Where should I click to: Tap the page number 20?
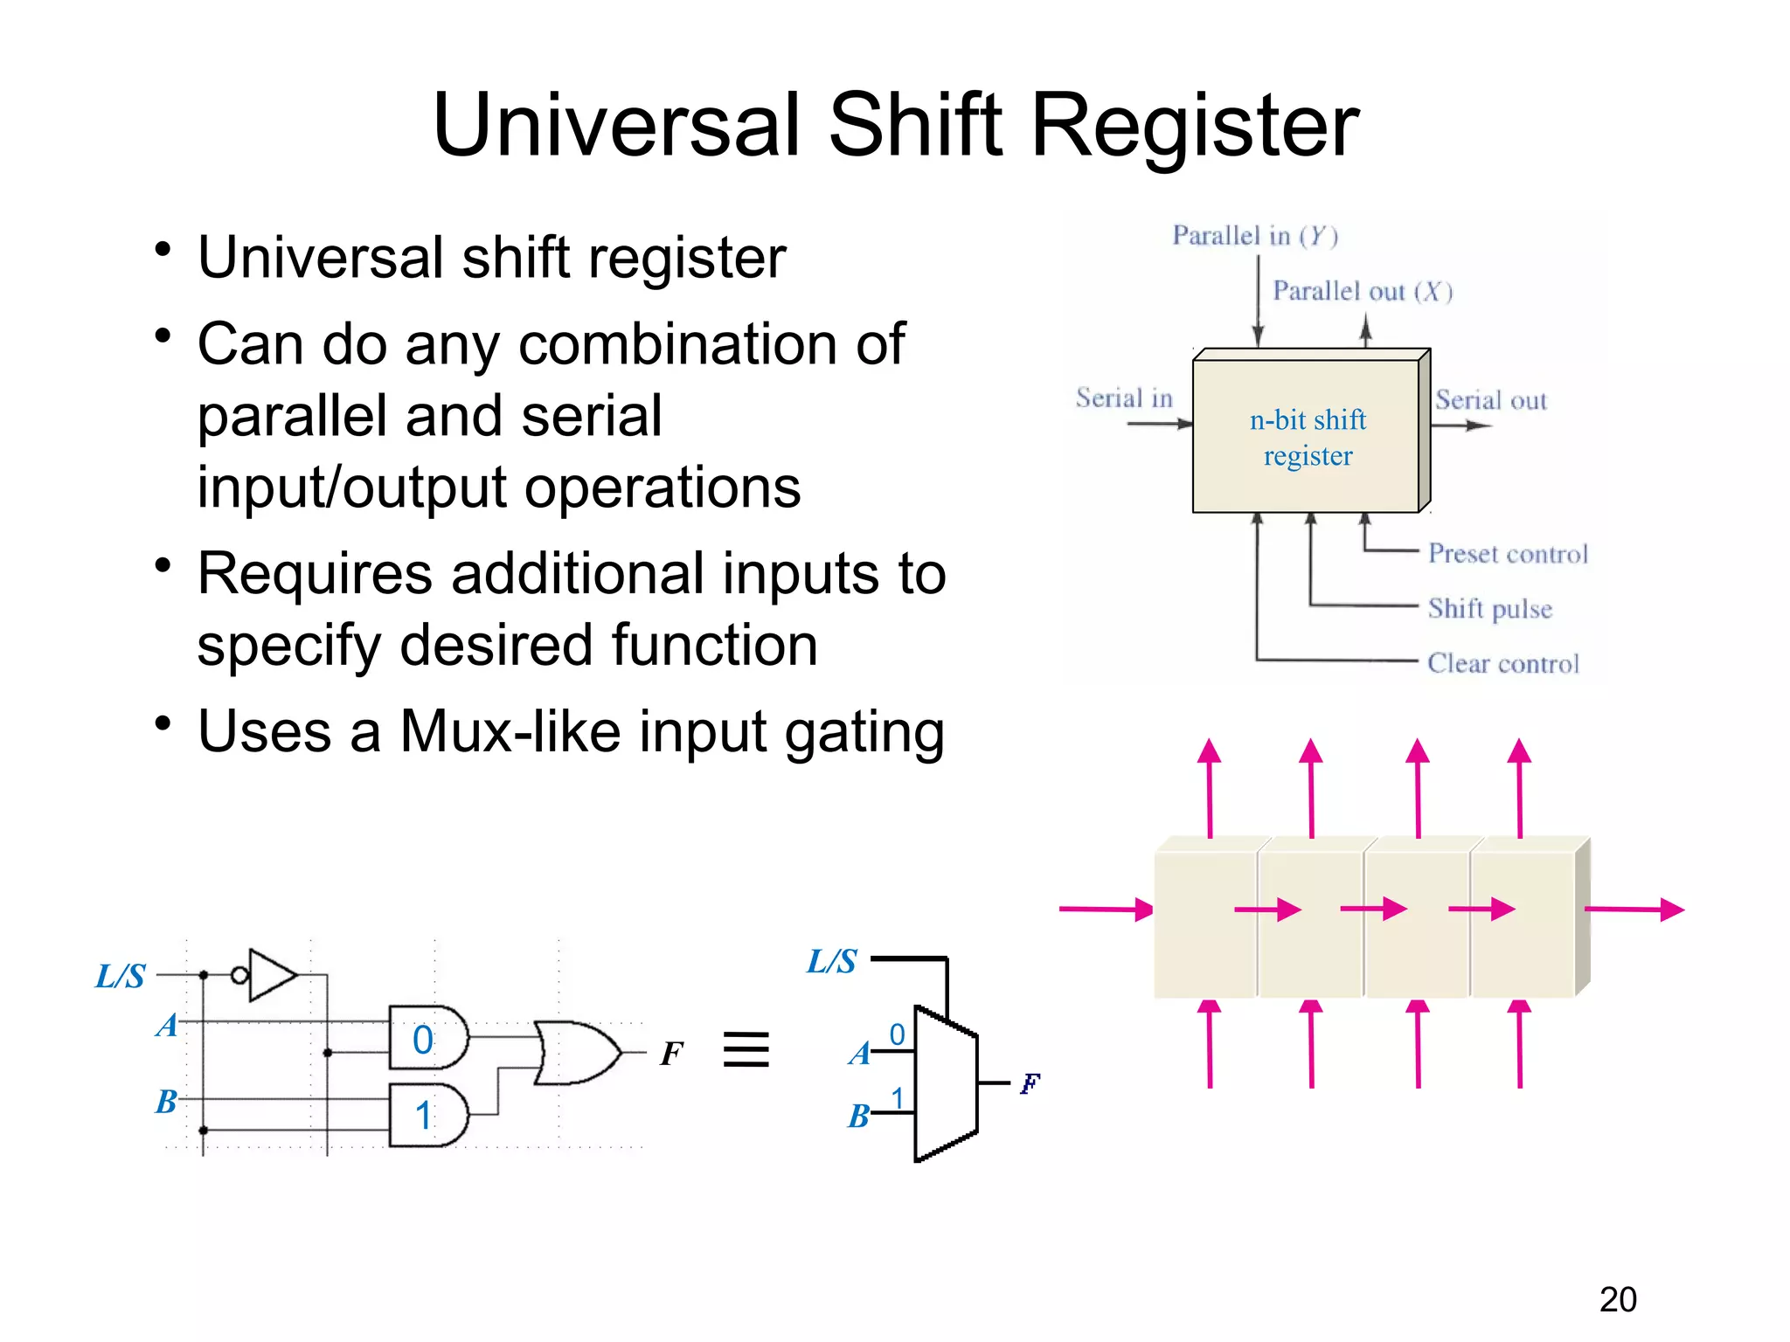tap(1617, 1299)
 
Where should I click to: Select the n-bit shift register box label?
tap(1308, 438)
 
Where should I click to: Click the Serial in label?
tap(1124, 398)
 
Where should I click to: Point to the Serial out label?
tap(1491, 400)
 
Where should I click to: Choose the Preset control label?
tap(1508, 554)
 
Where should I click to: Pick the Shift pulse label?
tap(1490, 608)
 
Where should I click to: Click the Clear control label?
tap(1503, 663)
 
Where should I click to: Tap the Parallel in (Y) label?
tap(1255, 236)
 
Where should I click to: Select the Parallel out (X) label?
tap(1362, 291)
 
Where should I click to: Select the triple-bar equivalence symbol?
tap(746, 1049)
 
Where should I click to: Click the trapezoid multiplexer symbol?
tap(945, 1084)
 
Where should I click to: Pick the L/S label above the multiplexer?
tap(831, 961)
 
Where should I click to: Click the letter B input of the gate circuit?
tap(166, 1102)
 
